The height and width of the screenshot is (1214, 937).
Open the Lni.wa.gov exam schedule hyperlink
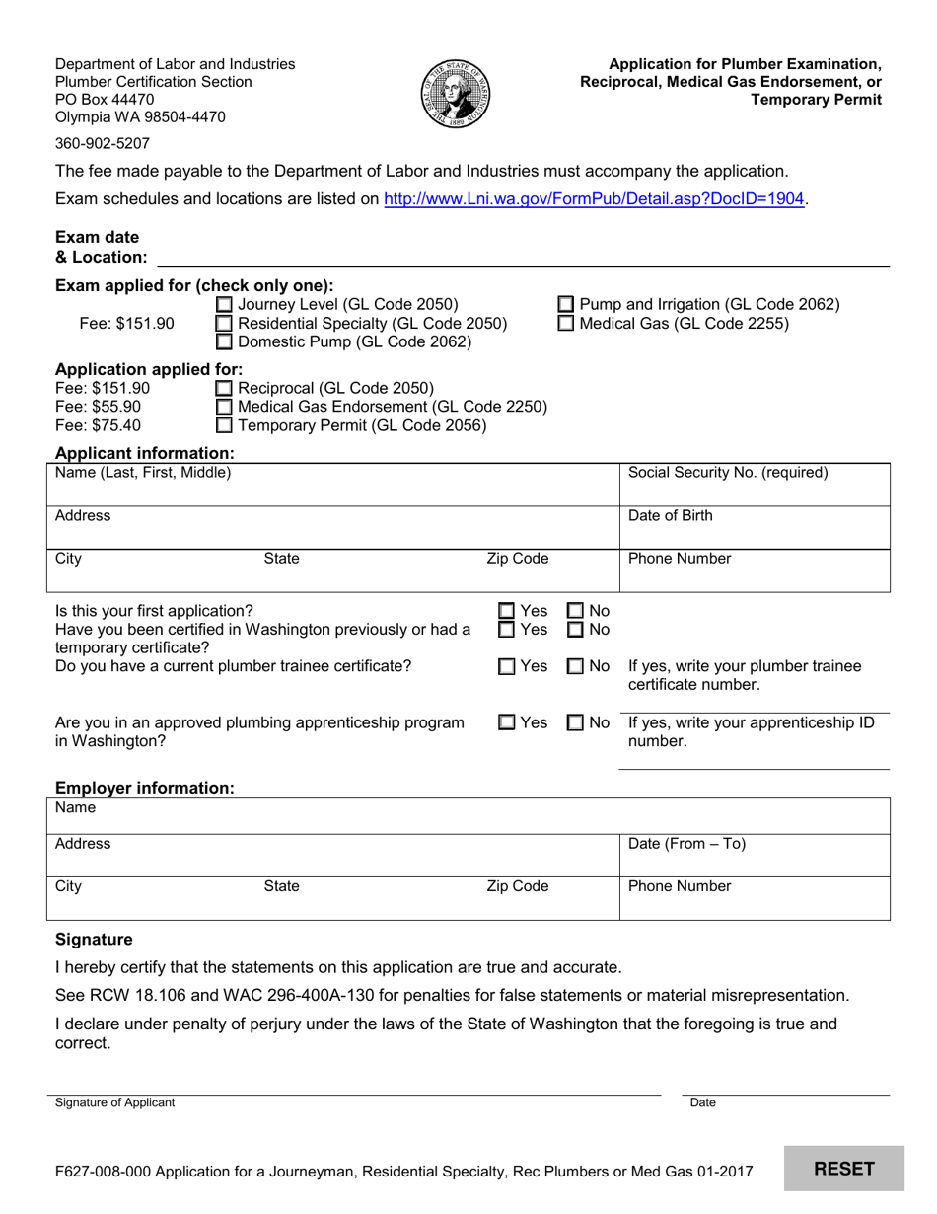[x=594, y=198]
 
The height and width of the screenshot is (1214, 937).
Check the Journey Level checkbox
[x=224, y=305]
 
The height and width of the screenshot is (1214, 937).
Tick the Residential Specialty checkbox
[x=224, y=324]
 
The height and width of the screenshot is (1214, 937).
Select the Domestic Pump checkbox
[x=224, y=342]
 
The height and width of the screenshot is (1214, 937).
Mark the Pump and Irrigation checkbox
[x=566, y=305]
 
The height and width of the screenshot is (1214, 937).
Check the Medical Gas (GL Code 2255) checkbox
[x=566, y=324]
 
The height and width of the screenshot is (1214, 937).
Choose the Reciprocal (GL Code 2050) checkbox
[x=224, y=388]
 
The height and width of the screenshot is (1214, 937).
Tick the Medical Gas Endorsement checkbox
[x=224, y=407]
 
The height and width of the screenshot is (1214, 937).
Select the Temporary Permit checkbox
[x=224, y=426]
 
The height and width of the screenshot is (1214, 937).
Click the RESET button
[x=843, y=1169]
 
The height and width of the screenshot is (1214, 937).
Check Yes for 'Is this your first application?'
[x=506, y=612]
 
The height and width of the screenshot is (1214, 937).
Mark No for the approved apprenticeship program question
[x=576, y=722]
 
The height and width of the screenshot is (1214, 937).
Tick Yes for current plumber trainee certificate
[x=506, y=667]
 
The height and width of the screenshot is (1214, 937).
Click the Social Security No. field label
[x=728, y=473]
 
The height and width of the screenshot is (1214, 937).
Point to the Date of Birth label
[x=670, y=516]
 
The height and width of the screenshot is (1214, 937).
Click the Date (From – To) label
[x=686, y=844]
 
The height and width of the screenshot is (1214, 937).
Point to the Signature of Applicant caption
[x=114, y=1102]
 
